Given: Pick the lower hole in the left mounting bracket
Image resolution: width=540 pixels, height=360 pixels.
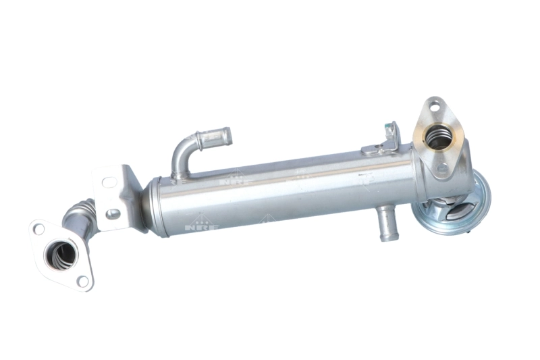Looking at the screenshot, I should pyautogui.click(x=113, y=214).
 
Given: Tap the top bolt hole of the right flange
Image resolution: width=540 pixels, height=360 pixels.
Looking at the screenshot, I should pyautogui.click(x=433, y=105).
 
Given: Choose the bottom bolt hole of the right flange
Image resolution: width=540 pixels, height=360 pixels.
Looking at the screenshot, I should pyautogui.click(x=442, y=168).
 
